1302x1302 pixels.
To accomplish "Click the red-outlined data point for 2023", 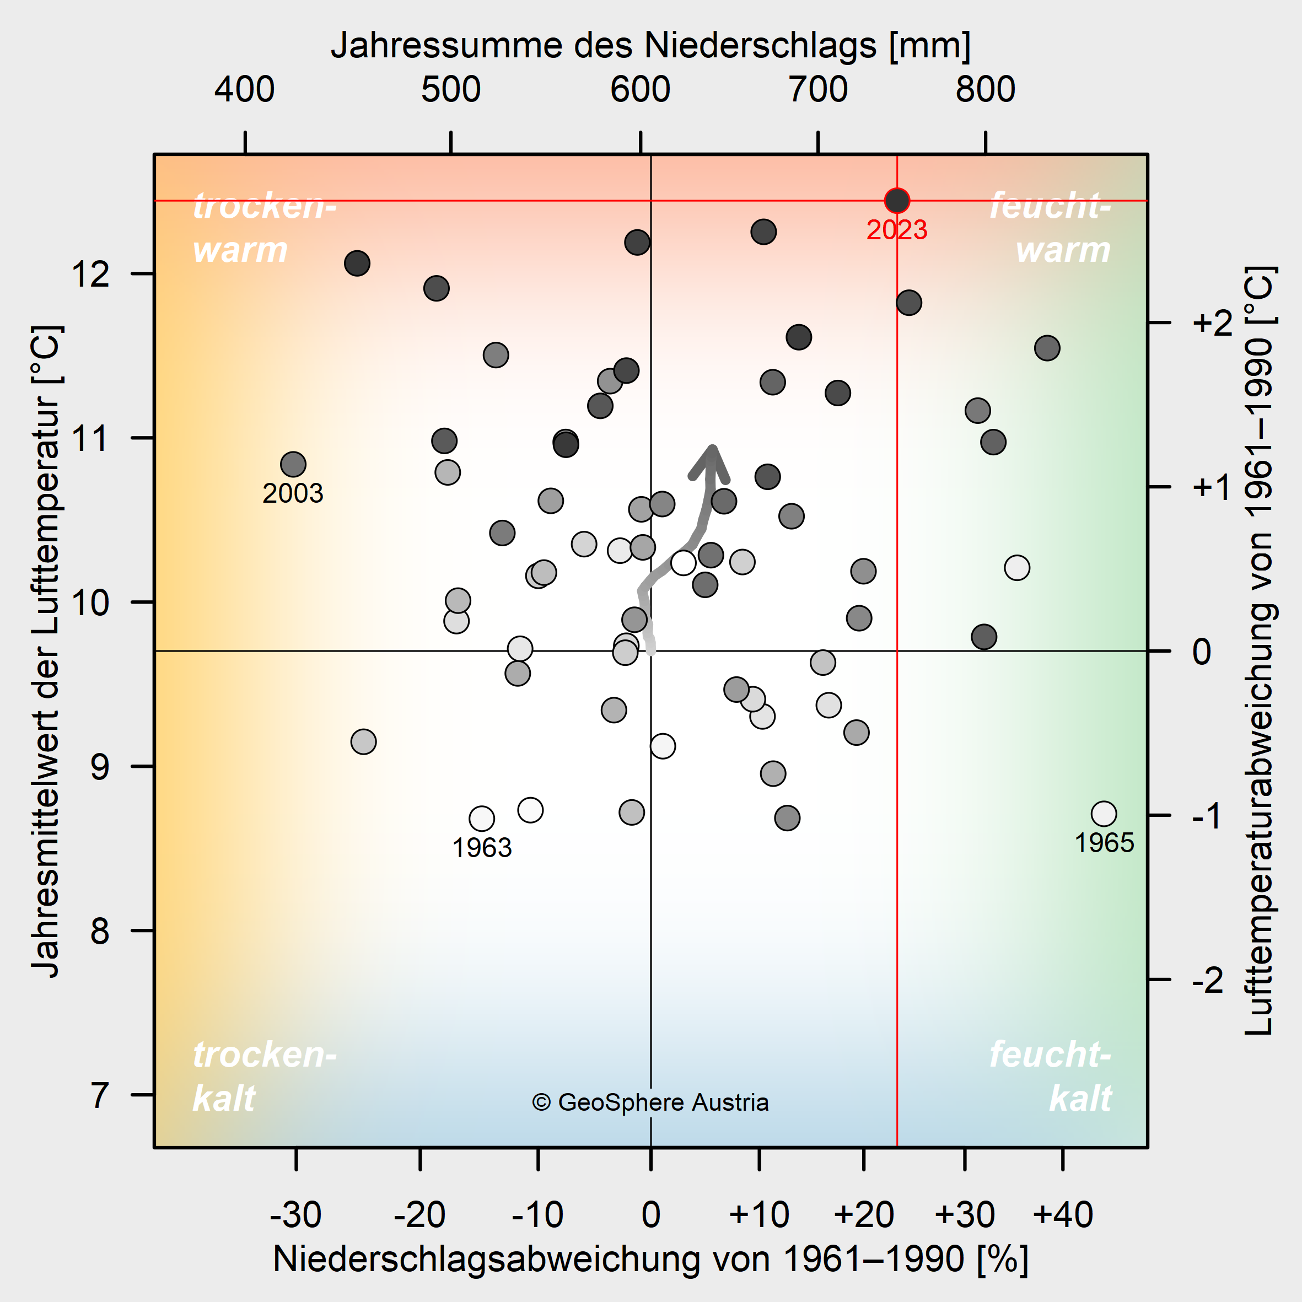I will coord(897,200).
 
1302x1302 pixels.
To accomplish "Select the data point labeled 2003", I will coord(293,464).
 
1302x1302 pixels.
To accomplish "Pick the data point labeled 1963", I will coord(482,819).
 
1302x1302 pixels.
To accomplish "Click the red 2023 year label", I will coord(897,230).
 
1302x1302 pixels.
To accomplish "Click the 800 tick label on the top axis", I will coord(985,90).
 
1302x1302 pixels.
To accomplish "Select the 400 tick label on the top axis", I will coord(245,90).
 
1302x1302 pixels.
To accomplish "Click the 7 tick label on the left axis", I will coord(100,1095).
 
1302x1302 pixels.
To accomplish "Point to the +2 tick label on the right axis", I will coord(1212,324).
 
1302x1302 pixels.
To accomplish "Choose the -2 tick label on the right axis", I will coord(1208,981).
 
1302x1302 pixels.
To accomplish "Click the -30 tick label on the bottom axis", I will coord(295,1215).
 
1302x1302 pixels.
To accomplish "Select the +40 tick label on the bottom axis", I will coord(1063,1215).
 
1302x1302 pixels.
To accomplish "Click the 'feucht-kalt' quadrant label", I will coord(1050,1076).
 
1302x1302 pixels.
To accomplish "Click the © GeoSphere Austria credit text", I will coord(650,1102).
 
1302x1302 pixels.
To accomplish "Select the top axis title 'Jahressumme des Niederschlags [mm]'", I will coord(650,46).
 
